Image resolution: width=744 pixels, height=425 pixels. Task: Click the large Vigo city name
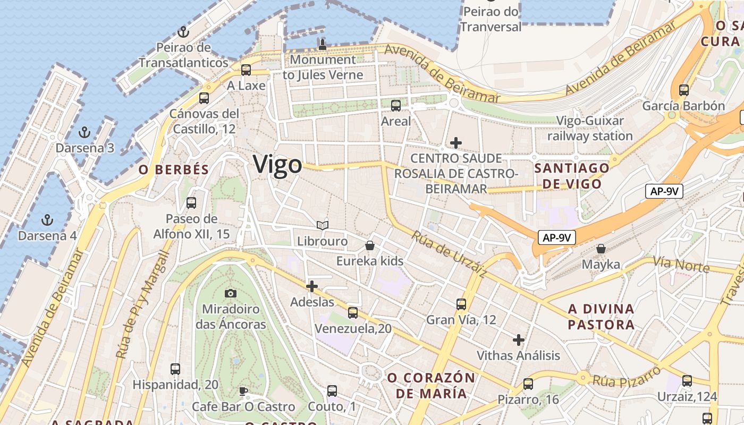click(x=277, y=165)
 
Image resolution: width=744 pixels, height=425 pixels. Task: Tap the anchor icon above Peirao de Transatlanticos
click(x=183, y=32)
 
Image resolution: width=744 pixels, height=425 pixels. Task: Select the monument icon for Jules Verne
click(x=322, y=44)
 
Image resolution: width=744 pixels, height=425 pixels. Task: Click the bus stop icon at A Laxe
click(x=246, y=70)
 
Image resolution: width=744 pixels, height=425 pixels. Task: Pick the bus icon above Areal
click(x=396, y=105)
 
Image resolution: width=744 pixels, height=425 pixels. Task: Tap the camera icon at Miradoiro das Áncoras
click(x=230, y=293)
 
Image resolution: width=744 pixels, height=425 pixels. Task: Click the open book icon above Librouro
click(x=322, y=225)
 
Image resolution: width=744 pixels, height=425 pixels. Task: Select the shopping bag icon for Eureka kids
click(x=370, y=245)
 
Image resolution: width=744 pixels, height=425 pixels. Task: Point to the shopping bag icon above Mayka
click(x=601, y=249)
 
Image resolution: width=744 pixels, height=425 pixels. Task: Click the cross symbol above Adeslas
click(x=312, y=287)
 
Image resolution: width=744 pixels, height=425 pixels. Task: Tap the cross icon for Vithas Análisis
click(x=519, y=340)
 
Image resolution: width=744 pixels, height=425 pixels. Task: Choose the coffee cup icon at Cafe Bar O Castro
click(x=243, y=391)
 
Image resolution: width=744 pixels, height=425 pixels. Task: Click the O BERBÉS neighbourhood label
click(x=174, y=170)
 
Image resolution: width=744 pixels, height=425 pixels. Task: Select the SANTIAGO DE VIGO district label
click(x=572, y=176)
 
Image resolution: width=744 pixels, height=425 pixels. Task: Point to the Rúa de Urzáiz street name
click(x=449, y=254)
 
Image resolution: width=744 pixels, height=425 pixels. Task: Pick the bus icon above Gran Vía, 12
click(x=461, y=304)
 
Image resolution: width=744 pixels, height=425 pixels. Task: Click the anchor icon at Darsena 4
click(x=48, y=219)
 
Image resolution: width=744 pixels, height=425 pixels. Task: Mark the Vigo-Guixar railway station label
click(x=590, y=129)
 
